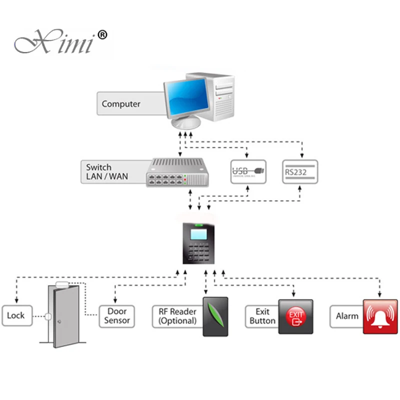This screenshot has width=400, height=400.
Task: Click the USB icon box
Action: click(248, 171)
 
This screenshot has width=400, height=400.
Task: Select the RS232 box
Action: click(299, 171)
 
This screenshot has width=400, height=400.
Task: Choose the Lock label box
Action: click(15, 316)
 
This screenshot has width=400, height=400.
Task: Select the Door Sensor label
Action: click(117, 316)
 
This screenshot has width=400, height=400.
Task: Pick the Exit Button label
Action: click(261, 316)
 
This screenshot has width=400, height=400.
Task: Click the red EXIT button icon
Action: click(295, 316)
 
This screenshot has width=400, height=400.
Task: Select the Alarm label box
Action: click(347, 316)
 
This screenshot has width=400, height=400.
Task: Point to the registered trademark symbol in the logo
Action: click(101, 35)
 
